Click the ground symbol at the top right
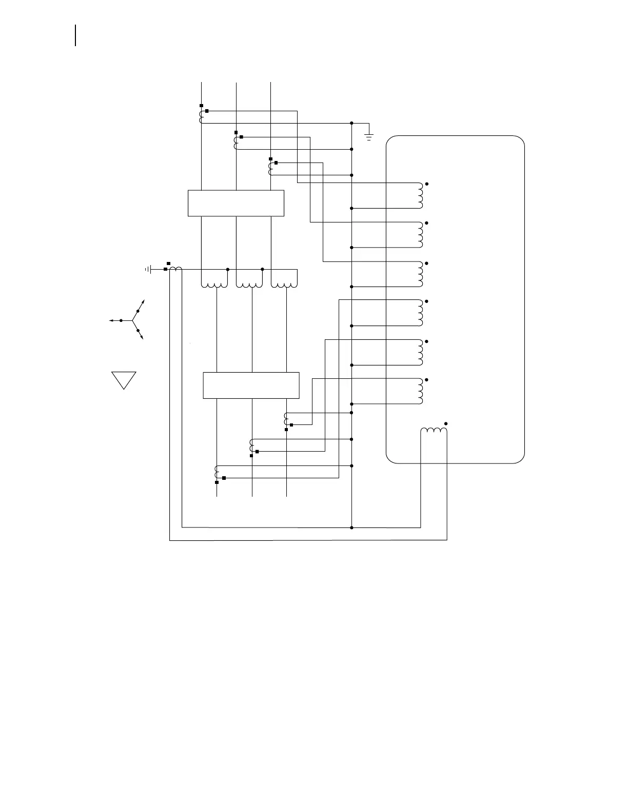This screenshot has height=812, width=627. tap(369, 136)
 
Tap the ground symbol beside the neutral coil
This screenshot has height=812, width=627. tap(149, 269)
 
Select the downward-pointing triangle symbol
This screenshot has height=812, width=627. tap(124, 379)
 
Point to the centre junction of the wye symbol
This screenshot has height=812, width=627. tap(132, 320)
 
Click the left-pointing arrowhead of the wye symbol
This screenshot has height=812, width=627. tap(111, 320)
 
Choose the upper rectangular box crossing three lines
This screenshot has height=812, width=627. tap(236, 203)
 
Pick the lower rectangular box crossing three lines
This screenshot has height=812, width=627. tap(251, 385)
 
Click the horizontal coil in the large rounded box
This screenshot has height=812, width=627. tap(434, 432)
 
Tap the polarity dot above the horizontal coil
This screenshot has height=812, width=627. tap(446, 423)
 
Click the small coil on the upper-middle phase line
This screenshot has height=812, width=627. tap(236, 143)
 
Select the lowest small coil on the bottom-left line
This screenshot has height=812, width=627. tap(217, 472)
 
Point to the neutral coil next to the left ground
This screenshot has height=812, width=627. tap(175, 269)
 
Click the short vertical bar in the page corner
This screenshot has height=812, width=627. tap(75, 35)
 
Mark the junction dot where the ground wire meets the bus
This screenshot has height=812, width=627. tap(351, 123)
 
